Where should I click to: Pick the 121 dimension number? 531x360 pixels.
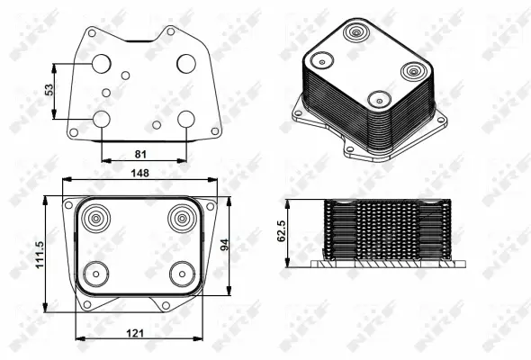tap(135, 333)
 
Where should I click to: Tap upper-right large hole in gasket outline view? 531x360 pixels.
tap(186, 63)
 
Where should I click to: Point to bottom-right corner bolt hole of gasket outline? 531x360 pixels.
tap(214, 131)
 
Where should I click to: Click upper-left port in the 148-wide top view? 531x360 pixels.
tap(94, 217)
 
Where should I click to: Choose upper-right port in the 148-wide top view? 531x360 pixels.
tap(181, 217)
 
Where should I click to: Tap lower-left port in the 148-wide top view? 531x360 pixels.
tap(94, 273)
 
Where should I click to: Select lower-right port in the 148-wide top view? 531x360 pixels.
tap(181, 273)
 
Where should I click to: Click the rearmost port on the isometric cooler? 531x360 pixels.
tap(357, 34)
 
